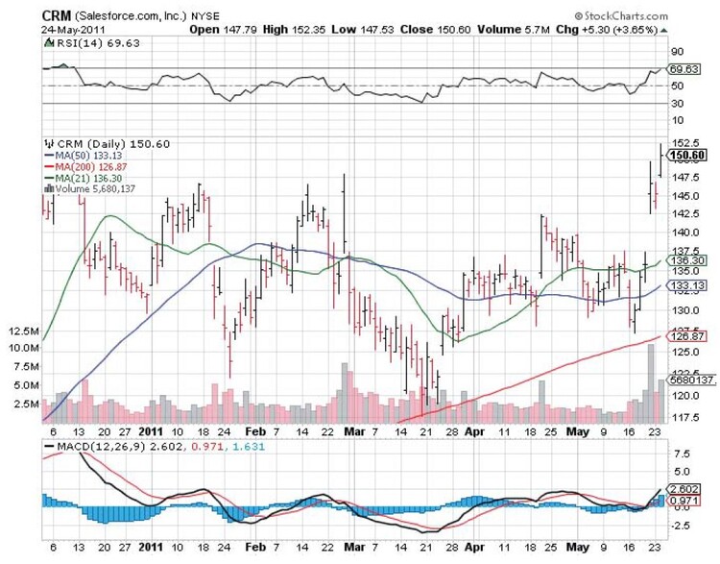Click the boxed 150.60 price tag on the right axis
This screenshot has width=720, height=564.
click(x=688, y=155)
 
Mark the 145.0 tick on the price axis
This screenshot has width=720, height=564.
click(x=684, y=196)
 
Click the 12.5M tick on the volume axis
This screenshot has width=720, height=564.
click(x=22, y=332)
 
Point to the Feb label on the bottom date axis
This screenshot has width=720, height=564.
click(x=254, y=432)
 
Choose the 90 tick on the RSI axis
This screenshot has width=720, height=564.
click(x=677, y=52)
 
